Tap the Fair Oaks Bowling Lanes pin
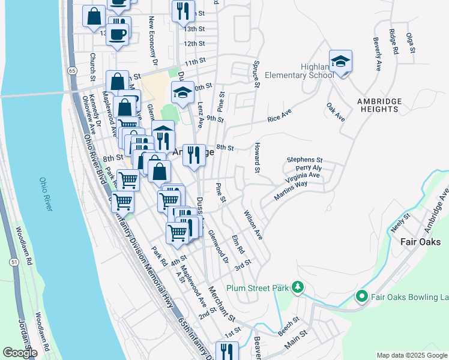[361, 296]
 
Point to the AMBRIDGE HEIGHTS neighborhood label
[377, 105]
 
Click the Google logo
[20, 352]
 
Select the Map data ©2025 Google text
[411, 355]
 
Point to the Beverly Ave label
[378, 55]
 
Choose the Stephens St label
[304, 160]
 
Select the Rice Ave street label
[279, 115]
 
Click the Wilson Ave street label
[253, 223]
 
